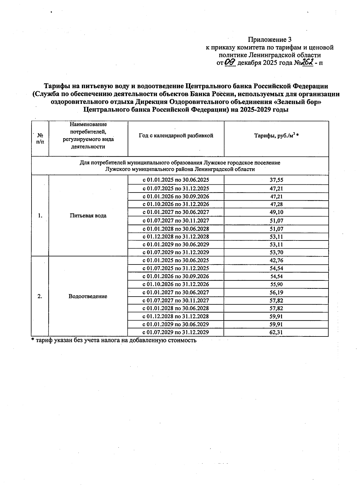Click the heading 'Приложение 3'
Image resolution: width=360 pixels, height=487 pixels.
click(269, 40)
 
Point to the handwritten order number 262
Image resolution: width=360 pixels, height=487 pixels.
click(307, 62)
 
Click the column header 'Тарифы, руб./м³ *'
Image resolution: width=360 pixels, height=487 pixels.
click(276, 136)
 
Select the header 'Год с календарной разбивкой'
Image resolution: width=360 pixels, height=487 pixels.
click(176, 136)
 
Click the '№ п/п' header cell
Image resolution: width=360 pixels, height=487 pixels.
click(40, 139)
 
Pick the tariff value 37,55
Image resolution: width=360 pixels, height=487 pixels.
click(276, 180)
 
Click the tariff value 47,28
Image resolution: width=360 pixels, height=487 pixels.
click(276, 204)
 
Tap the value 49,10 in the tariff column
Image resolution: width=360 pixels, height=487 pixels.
click(276, 212)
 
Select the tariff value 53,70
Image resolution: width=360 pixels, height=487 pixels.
click(276, 252)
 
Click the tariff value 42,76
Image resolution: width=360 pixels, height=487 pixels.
click(276, 260)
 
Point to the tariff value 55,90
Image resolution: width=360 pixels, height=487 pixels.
click(276, 284)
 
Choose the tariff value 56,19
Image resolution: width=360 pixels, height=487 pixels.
click(276, 292)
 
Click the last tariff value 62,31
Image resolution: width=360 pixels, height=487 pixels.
click(276, 332)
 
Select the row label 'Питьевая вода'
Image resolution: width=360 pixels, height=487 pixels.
click(88, 216)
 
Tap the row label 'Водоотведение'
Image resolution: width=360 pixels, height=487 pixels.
click(88, 296)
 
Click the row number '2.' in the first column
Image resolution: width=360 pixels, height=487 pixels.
click(40, 296)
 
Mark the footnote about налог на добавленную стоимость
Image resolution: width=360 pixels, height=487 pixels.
click(114, 340)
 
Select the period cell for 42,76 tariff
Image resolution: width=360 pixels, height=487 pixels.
click(176, 260)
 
